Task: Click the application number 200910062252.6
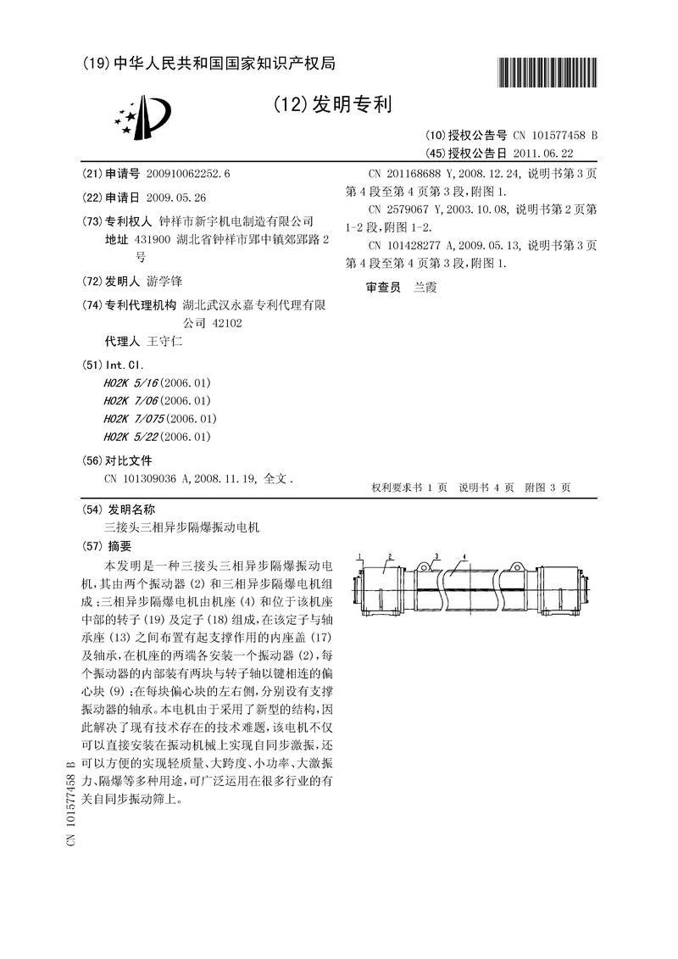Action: [x=187, y=174]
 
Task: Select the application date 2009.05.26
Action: [x=176, y=198]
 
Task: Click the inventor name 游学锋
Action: [x=164, y=281]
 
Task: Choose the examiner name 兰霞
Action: [x=425, y=287]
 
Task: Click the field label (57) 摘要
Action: [x=108, y=546]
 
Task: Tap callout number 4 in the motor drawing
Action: [x=465, y=556]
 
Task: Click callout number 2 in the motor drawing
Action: [x=389, y=556]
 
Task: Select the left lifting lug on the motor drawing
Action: [x=421, y=565]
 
